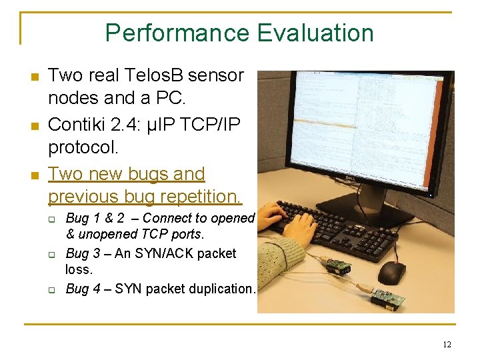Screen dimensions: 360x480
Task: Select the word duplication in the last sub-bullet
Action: point(220,289)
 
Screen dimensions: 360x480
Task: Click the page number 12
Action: point(446,344)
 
